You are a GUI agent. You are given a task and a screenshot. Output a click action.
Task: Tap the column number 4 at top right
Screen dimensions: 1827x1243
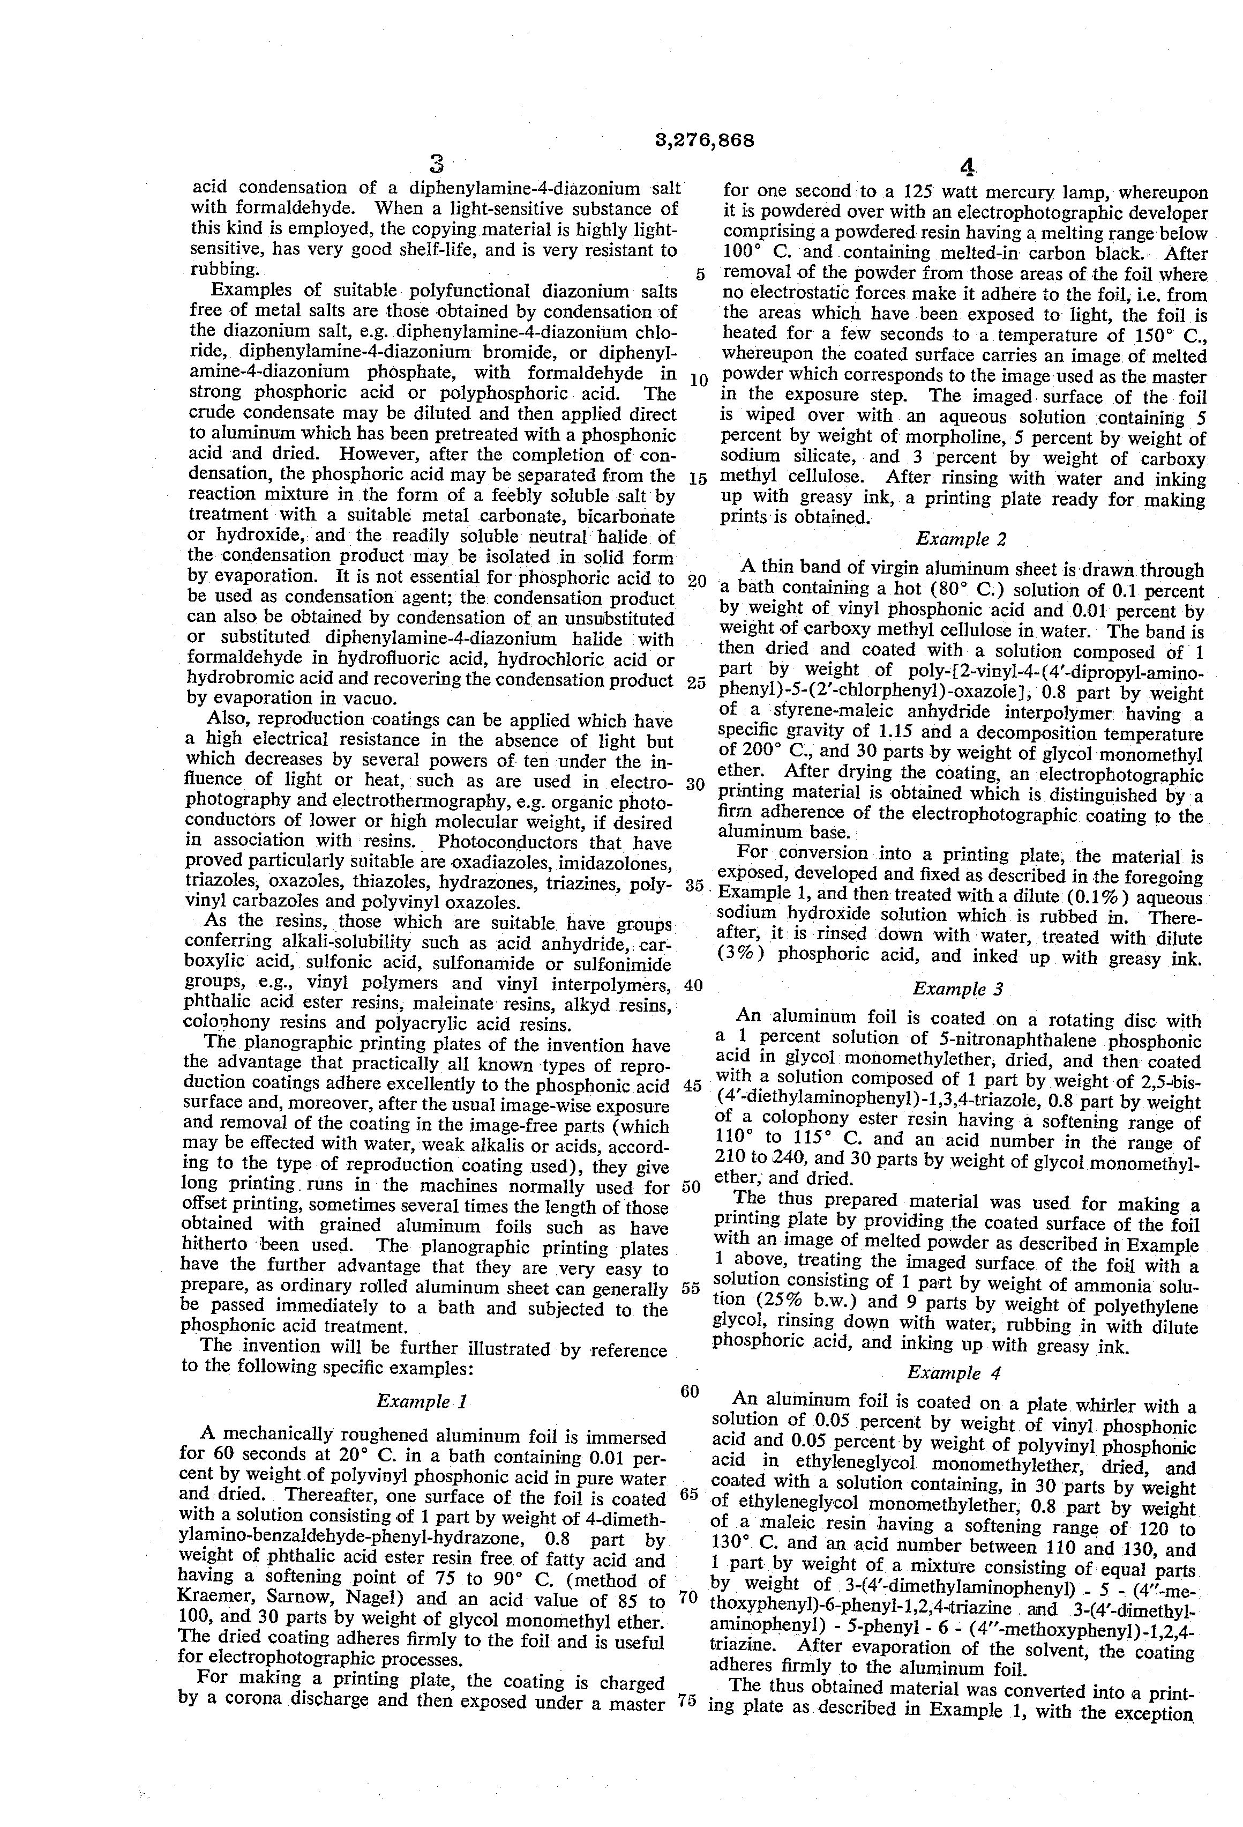[967, 167]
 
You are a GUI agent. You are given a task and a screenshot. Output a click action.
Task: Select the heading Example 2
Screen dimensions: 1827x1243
[961, 539]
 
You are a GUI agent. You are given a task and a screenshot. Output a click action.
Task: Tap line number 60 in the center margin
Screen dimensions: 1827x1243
[689, 1392]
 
